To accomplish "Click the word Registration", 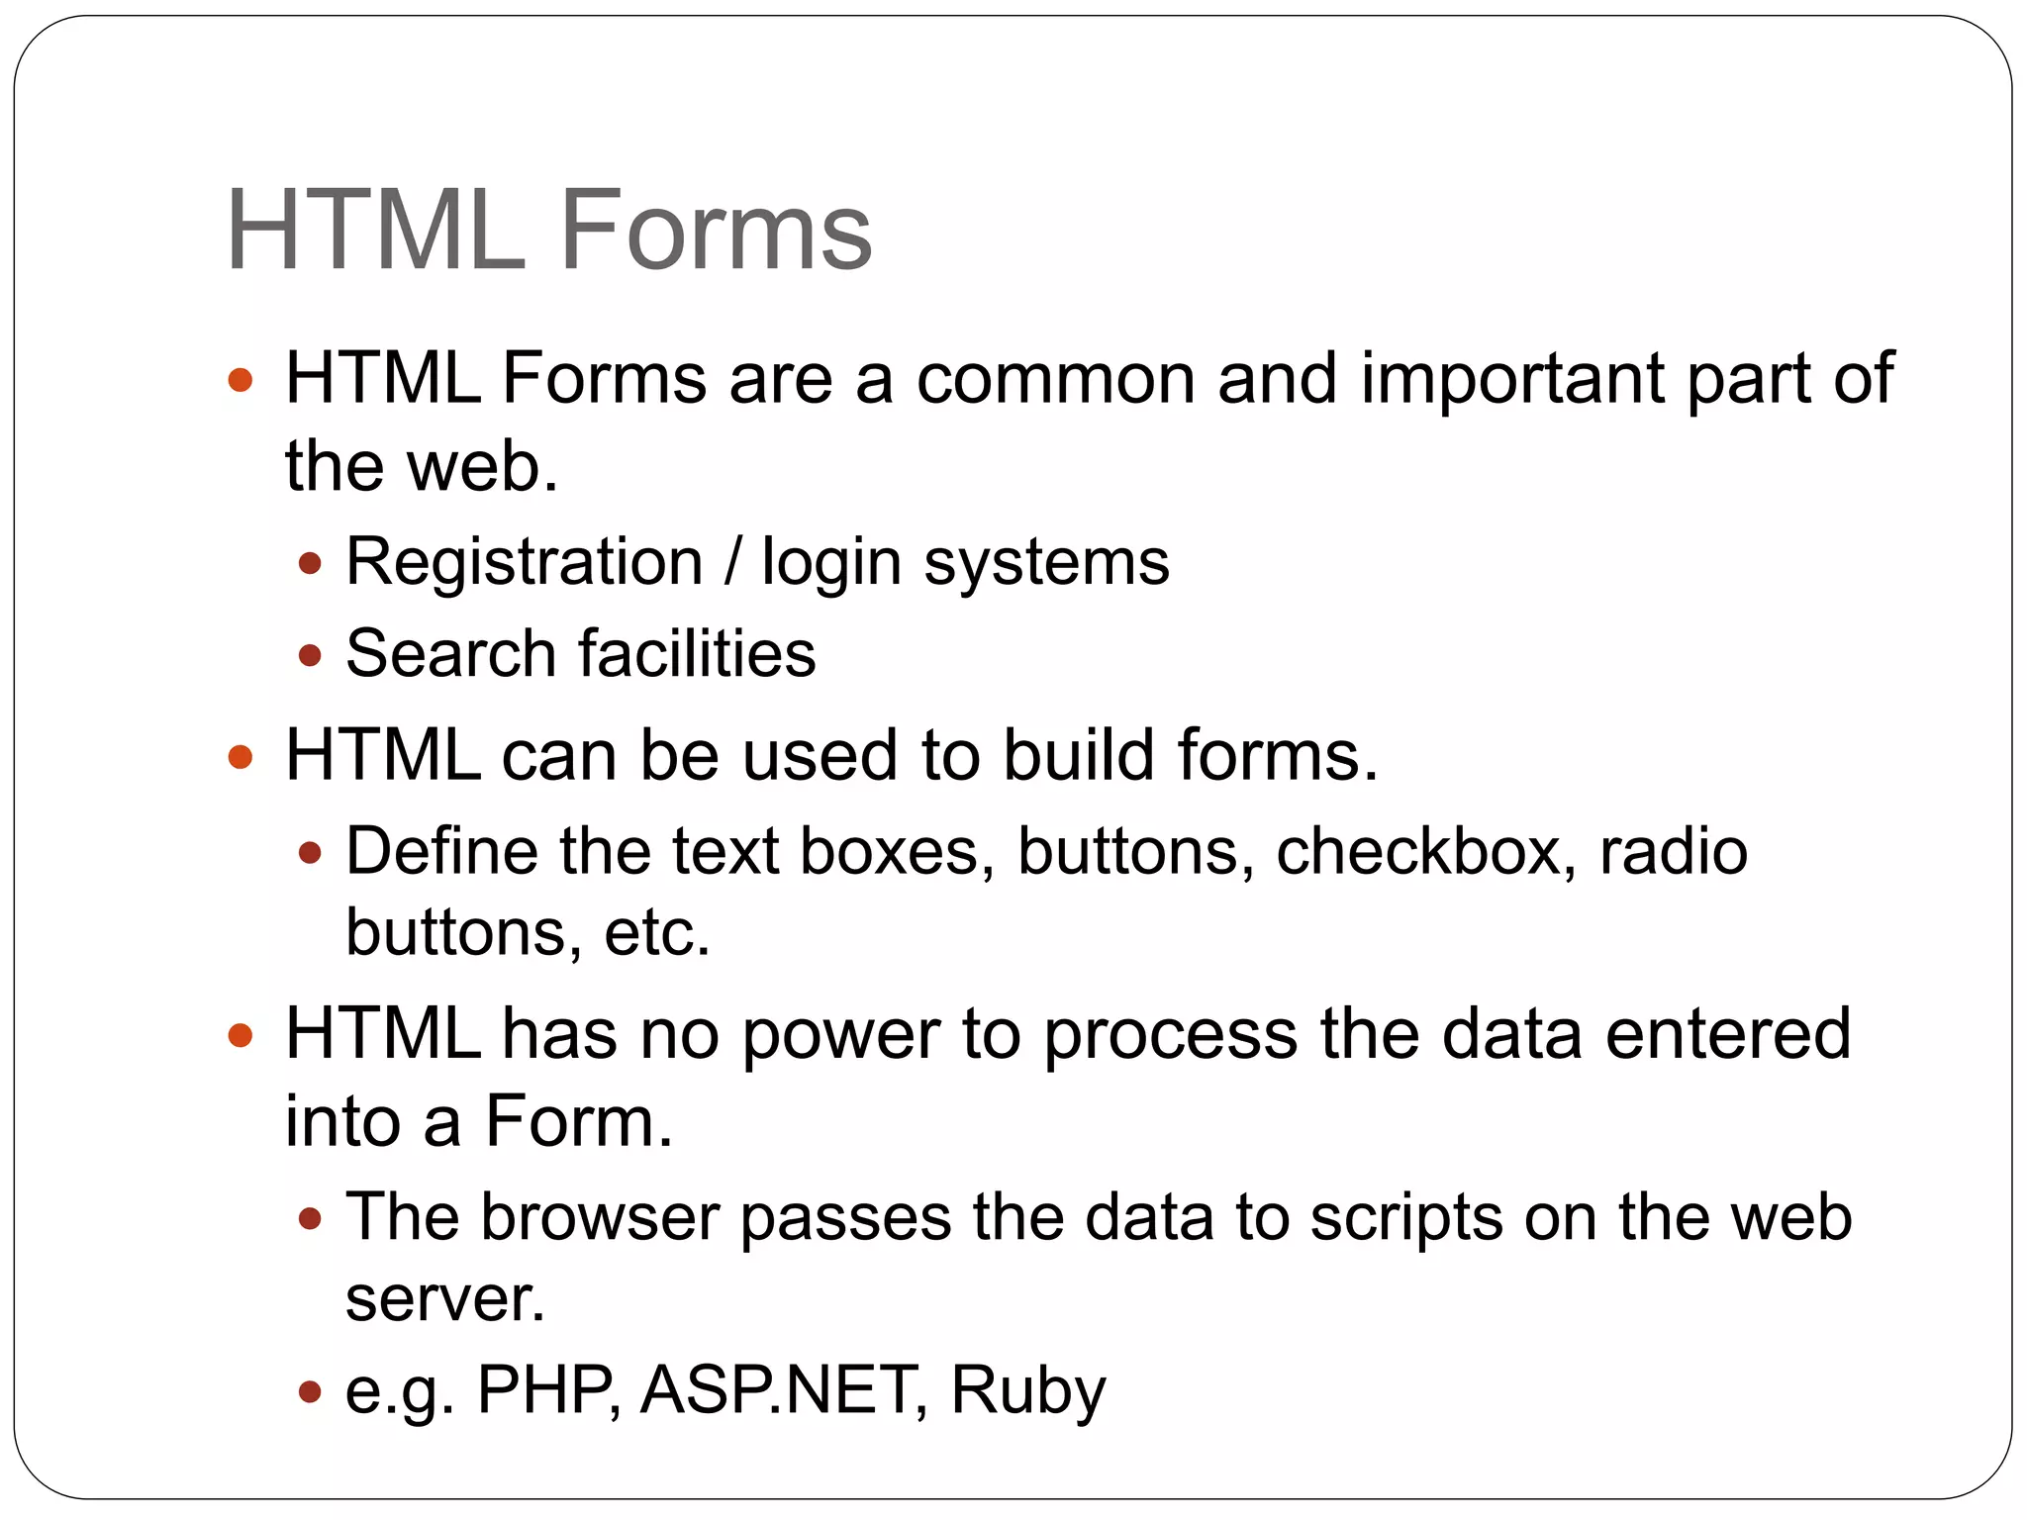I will point(524,562).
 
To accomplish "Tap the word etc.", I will point(656,932).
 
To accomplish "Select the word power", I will point(840,1035).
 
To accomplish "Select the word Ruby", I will point(1027,1390).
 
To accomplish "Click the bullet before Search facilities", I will point(311,655).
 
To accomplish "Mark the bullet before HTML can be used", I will point(241,758).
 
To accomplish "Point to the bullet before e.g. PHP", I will point(311,1392).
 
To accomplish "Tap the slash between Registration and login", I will point(731,562).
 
